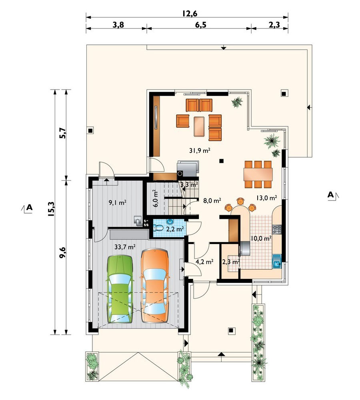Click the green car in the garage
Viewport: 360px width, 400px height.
(x=120, y=289)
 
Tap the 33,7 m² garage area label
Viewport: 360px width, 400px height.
(x=125, y=247)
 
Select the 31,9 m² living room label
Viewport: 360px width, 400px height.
(x=200, y=150)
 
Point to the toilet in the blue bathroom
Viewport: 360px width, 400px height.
(x=158, y=228)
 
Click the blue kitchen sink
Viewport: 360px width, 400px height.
(x=276, y=261)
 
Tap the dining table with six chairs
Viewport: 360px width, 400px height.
(x=258, y=174)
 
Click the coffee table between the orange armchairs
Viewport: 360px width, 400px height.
(x=199, y=126)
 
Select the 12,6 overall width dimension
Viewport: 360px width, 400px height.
(x=190, y=13)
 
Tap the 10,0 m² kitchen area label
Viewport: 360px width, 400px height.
(x=261, y=238)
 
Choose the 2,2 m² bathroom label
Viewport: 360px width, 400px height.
(x=175, y=229)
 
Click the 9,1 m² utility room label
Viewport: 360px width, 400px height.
(x=118, y=203)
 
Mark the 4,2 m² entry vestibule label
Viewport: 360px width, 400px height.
(x=204, y=262)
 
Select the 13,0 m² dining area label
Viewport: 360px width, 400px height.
(x=267, y=198)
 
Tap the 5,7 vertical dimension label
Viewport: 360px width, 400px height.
(x=62, y=133)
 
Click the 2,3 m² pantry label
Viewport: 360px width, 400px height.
(x=231, y=262)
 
